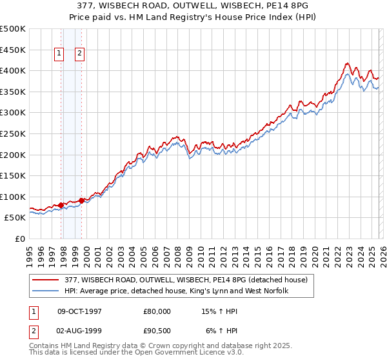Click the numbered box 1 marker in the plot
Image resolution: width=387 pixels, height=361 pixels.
[x=59, y=54]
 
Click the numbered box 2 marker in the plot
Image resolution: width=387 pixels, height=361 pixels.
[x=79, y=54]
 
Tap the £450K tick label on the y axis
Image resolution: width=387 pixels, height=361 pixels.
[x=13, y=50]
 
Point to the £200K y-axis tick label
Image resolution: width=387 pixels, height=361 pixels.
[x=13, y=155]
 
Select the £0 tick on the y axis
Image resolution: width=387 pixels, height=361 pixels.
[x=20, y=239]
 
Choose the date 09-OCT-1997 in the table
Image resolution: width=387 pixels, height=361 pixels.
[x=80, y=311]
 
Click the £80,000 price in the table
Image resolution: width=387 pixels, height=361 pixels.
[x=157, y=311]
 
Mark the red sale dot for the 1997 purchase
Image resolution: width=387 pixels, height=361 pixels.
[x=61, y=205]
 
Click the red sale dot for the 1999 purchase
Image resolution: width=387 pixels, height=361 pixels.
[x=81, y=200]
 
